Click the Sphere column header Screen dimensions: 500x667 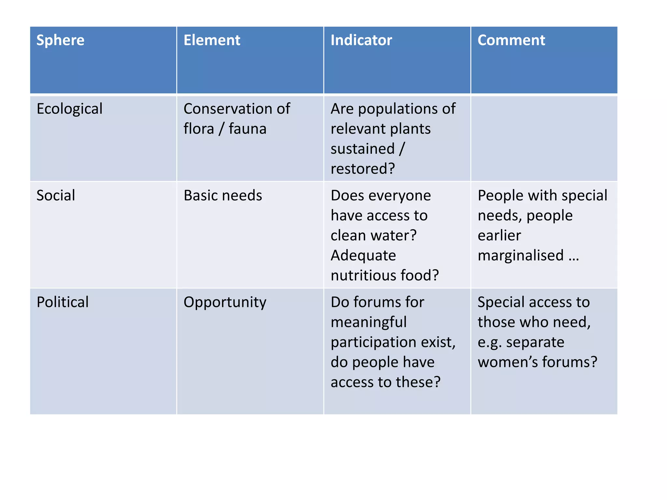pyautogui.click(x=60, y=40)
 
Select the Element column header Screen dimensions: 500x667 pyautogui.click(x=212, y=40)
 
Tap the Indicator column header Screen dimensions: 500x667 pyautogui.click(x=361, y=40)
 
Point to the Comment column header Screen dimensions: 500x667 pyautogui.click(x=511, y=40)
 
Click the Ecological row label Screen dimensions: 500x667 pyautogui.click(x=69, y=109)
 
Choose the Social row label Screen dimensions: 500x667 pyautogui.click(x=56, y=196)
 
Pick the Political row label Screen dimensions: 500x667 pyautogui.click(x=63, y=302)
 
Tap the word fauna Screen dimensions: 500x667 pyautogui.click(x=248, y=129)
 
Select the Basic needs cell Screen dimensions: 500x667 pyautogui.click(x=223, y=196)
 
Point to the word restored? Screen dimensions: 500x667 pyautogui.click(x=362, y=169)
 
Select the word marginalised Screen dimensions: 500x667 pyautogui.click(x=520, y=256)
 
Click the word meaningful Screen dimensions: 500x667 pyautogui.click(x=369, y=323)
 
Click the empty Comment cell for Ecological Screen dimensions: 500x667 pyautogui.click(x=544, y=138)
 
